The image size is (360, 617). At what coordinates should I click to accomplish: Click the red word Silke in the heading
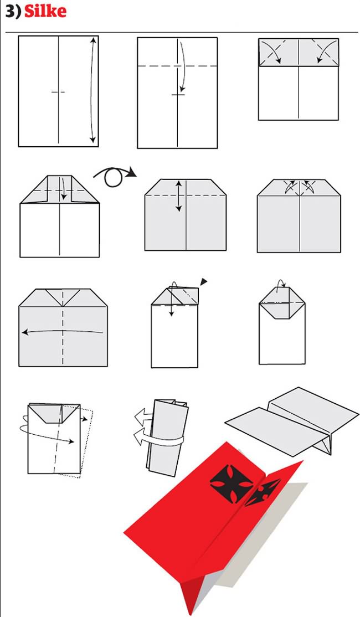(45, 12)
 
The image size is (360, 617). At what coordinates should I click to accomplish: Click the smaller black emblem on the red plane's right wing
(261, 491)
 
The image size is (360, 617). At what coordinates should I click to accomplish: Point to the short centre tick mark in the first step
(58, 92)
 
